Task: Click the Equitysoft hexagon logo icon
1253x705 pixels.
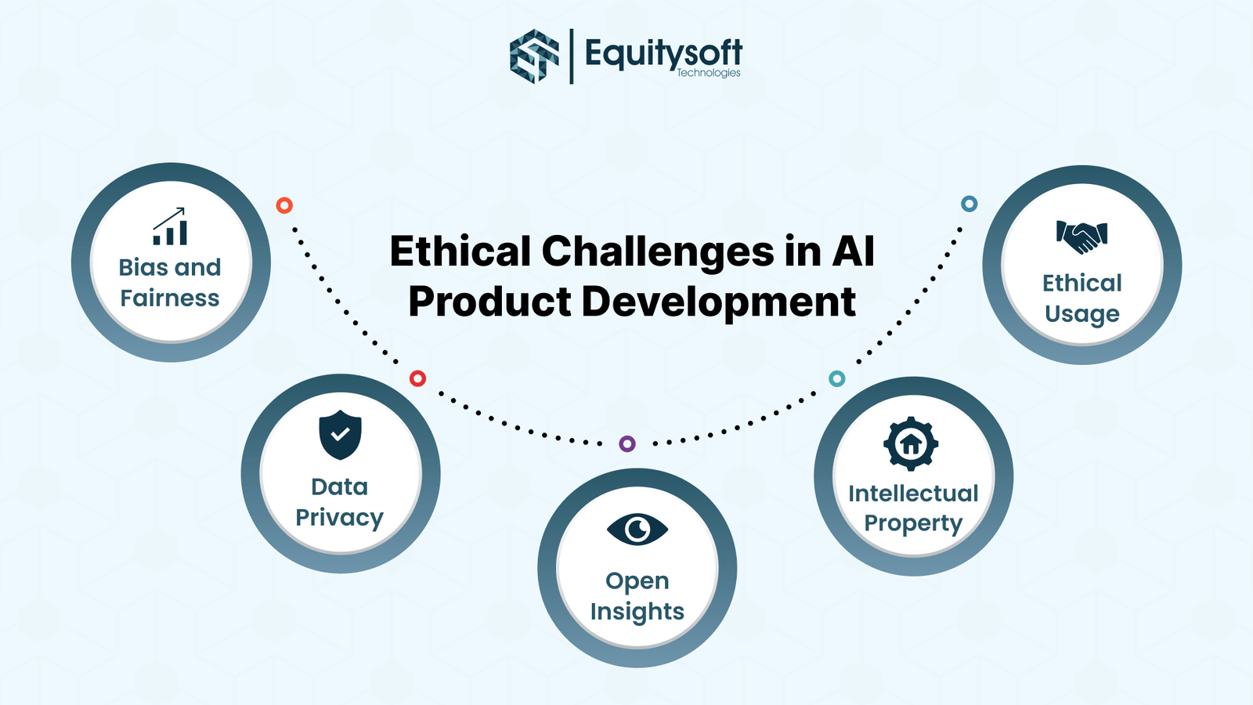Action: tap(534, 56)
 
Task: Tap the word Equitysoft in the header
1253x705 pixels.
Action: tap(663, 53)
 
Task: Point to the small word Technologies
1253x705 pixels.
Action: tap(709, 73)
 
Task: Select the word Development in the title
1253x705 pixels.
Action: tap(718, 302)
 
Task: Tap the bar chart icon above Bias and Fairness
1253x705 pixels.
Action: tap(171, 227)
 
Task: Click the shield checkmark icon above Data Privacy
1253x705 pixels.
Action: tap(340, 435)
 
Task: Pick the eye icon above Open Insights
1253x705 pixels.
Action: tap(637, 530)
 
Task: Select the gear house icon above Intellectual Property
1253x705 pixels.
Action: tap(911, 444)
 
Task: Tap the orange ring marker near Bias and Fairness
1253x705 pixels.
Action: tap(284, 205)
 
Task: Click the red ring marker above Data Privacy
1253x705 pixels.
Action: tap(418, 379)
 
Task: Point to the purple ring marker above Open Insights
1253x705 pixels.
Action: tap(627, 444)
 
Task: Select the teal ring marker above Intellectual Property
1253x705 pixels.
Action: tap(837, 379)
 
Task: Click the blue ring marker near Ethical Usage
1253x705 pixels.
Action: tap(970, 204)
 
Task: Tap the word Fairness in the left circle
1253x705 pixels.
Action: tap(170, 298)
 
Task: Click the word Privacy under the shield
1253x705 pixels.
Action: tap(339, 518)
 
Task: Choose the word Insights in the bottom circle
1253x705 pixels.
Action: tap(637, 612)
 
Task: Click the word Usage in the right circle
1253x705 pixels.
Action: tap(1082, 314)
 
